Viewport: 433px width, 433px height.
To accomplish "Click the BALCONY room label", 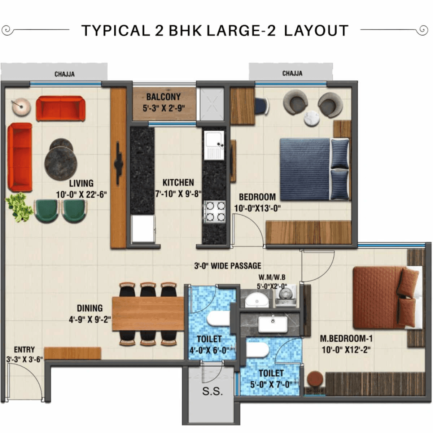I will pyautogui.click(x=163, y=97).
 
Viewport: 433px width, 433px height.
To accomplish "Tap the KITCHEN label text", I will pyautogui.click(x=178, y=183).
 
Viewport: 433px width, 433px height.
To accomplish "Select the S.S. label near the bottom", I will pyautogui.click(x=212, y=392).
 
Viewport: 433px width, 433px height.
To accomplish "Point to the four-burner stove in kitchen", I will pyautogui.click(x=214, y=212).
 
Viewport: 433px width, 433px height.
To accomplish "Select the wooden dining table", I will pyautogui.click(x=148, y=313).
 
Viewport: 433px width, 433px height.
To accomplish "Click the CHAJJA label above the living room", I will pyautogui.click(x=65, y=74).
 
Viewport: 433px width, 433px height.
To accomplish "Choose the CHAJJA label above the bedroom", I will pyautogui.click(x=292, y=74).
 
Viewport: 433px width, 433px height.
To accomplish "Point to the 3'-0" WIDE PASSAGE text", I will pyautogui.click(x=228, y=266).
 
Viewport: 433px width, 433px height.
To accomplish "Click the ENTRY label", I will pyautogui.click(x=24, y=350).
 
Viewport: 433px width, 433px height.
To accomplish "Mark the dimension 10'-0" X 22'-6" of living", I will pyautogui.click(x=81, y=195).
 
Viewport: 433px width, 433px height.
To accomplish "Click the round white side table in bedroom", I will pyautogui.click(x=312, y=119).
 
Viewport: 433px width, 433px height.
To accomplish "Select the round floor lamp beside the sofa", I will pyautogui.click(x=21, y=107).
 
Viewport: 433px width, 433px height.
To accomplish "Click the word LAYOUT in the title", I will pyautogui.click(x=316, y=31).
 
